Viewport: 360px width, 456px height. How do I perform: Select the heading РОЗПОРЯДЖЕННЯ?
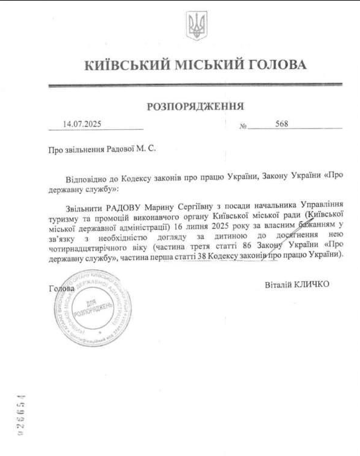coord(195,107)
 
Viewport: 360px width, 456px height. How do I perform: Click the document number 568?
coord(281,124)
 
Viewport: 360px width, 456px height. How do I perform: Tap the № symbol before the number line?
coord(244,126)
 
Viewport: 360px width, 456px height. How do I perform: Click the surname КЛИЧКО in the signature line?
coord(312,284)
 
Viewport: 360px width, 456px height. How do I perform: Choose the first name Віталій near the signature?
coord(278,284)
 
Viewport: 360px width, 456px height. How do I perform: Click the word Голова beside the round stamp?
coord(62,289)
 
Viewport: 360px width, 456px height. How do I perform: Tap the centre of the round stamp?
coord(93,309)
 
